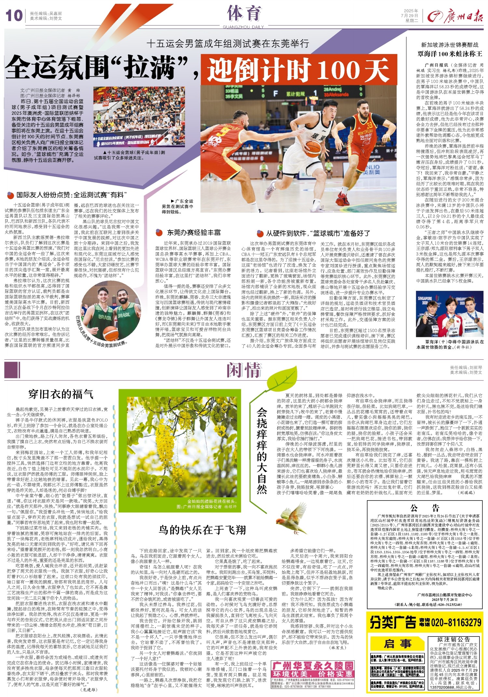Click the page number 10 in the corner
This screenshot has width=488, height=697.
tap(14, 16)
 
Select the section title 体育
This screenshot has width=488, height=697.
tap(244, 13)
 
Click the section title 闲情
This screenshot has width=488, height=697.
tap(244, 370)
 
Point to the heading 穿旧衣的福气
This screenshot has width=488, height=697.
tap(61, 394)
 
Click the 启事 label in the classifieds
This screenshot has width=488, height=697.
tap(397, 644)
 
